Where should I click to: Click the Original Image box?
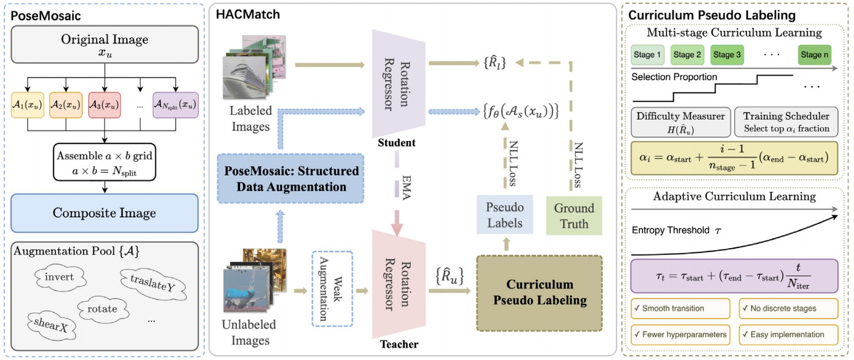pyautogui.click(x=104, y=45)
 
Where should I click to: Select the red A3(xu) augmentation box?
pyautogui.click(x=104, y=105)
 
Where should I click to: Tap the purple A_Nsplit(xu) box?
pyautogui.click(x=175, y=105)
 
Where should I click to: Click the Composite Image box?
pyautogui.click(x=104, y=213)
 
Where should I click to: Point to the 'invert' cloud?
pyautogui.click(x=59, y=277)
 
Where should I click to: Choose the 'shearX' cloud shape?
pyautogui.click(x=51, y=324)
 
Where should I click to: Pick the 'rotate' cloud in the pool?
pyautogui.click(x=102, y=309)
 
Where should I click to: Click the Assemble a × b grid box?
pyautogui.click(x=104, y=162)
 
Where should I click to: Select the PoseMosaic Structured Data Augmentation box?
pyautogui.click(x=290, y=179)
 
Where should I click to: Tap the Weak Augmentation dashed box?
pyautogui.click(x=332, y=288)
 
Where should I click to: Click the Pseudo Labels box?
pyautogui.click(x=505, y=215)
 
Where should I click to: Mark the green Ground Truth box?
pyautogui.click(x=574, y=216)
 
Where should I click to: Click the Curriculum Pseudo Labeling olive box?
pyautogui.click(x=540, y=293)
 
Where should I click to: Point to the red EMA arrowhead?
pyautogui.click(x=397, y=227)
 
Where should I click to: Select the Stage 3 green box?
pyautogui.click(x=727, y=55)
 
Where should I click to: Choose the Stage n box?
pyautogui.click(x=814, y=55)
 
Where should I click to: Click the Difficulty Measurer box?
pyautogui.click(x=681, y=122)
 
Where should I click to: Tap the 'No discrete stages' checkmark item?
pyautogui.click(x=788, y=309)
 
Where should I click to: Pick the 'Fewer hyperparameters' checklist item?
pyautogui.click(x=680, y=335)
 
